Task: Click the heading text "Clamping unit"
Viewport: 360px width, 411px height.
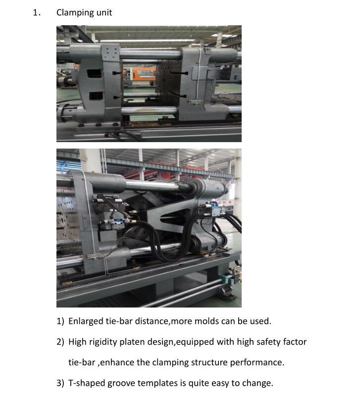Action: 84,13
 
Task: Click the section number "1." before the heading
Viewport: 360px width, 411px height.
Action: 37,13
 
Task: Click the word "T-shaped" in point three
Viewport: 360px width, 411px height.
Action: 86,383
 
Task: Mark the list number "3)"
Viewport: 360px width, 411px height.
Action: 60,383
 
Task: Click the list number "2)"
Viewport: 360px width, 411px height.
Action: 60,342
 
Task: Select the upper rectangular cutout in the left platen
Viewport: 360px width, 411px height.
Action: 94,73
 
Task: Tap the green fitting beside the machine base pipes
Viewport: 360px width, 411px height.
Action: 225,280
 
